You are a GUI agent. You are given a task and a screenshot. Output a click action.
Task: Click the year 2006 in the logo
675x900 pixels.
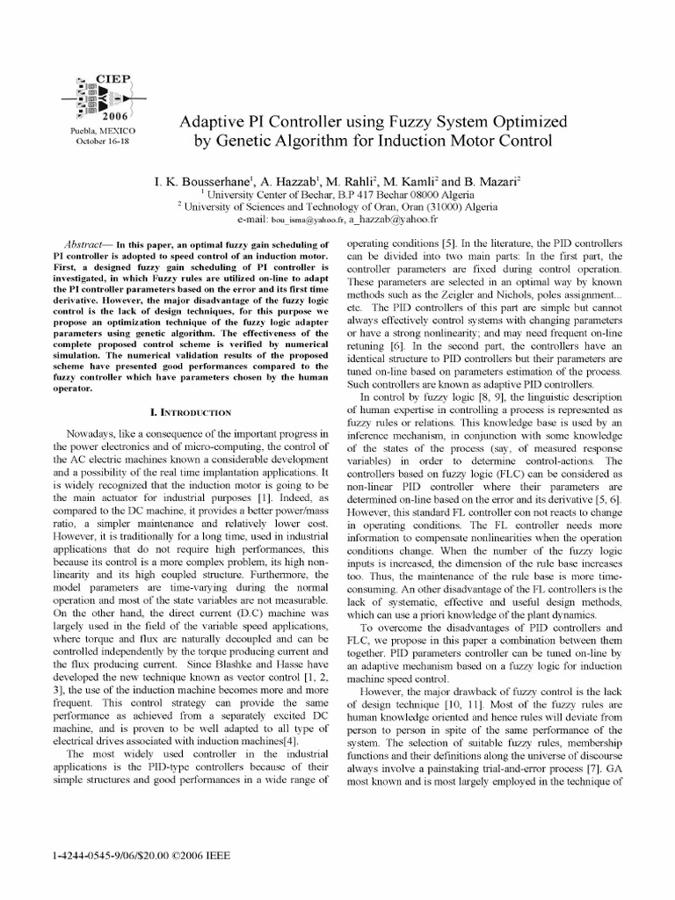tap(114, 115)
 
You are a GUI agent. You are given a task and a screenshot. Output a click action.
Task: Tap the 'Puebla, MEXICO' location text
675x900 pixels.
tap(102, 131)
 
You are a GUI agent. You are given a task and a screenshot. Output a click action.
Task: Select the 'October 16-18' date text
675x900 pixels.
tap(102, 141)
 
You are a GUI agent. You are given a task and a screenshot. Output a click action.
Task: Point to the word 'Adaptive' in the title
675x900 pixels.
tap(213, 120)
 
